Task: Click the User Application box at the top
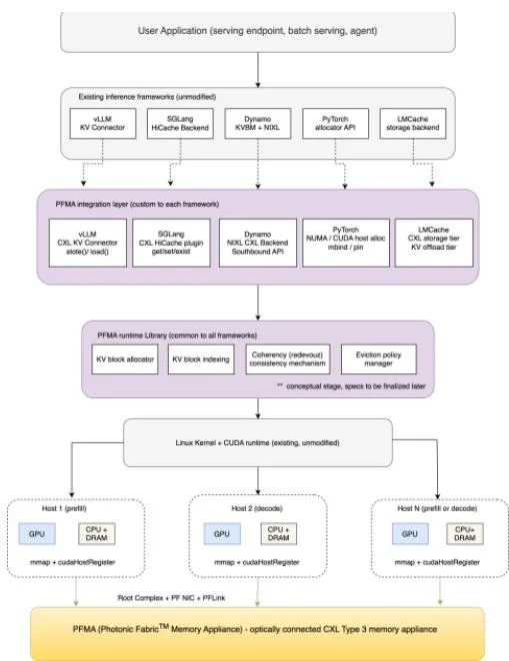(257, 32)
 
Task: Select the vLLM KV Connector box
(103, 124)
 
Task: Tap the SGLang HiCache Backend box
(180, 124)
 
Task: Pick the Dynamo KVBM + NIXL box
(257, 124)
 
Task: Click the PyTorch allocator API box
(335, 124)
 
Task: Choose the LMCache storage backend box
(413, 124)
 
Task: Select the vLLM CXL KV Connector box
(88, 243)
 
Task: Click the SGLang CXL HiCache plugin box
(171, 243)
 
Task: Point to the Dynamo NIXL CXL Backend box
(257, 243)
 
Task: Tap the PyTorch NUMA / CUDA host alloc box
(346, 243)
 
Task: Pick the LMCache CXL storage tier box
(434, 243)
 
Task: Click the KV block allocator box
(125, 359)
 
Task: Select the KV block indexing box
(201, 359)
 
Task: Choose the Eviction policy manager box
(379, 359)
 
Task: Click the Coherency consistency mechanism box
(287, 359)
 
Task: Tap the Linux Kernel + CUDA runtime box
(257, 442)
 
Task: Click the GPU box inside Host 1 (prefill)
(37, 533)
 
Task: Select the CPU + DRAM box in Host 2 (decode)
(279, 533)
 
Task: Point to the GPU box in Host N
(410, 533)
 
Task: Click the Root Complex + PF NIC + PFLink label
(171, 598)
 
